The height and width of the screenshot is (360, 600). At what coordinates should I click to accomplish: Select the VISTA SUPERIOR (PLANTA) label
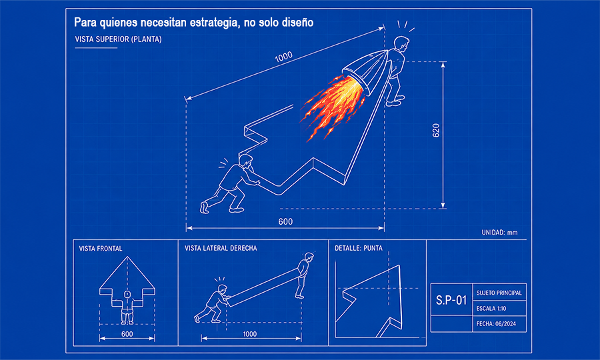tap(118, 39)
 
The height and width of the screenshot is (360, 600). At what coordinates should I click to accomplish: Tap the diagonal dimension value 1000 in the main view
tap(283, 57)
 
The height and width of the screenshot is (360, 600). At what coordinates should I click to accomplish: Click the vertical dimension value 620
tap(436, 131)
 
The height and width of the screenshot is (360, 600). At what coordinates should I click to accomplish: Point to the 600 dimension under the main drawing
tap(285, 221)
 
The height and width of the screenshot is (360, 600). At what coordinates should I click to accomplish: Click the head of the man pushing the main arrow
tap(246, 161)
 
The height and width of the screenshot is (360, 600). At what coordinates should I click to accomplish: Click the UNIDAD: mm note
tap(499, 232)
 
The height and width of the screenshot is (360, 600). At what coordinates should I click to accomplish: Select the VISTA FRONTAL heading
tap(101, 249)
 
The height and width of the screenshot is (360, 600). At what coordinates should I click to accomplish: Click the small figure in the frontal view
tap(127, 307)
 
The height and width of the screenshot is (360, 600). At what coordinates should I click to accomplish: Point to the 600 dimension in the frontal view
tap(127, 334)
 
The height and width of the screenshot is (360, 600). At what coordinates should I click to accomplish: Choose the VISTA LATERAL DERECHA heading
tap(221, 248)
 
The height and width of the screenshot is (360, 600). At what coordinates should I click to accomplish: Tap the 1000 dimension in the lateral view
tap(249, 334)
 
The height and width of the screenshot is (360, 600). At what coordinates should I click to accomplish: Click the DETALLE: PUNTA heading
tap(359, 248)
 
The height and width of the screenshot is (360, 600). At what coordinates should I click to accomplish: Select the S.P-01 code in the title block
tap(451, 300)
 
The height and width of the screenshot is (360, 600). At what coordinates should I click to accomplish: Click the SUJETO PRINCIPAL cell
tap(499, 293)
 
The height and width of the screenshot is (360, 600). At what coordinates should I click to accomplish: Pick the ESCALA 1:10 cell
tap(499, 309)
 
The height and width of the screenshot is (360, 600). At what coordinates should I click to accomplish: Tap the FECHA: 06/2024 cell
tap(499, 323)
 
